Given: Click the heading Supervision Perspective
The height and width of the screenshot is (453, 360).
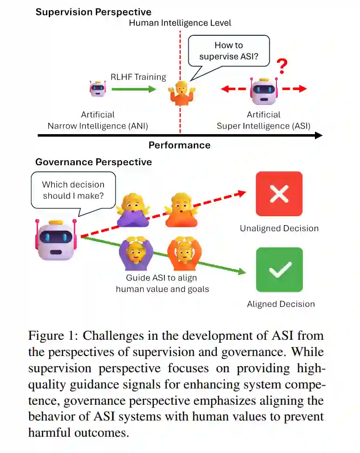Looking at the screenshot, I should [x=93, y=12].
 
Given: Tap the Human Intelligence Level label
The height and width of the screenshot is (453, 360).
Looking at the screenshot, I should [x=180, y=23].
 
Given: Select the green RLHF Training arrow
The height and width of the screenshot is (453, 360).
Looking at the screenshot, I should [x=134, y=89].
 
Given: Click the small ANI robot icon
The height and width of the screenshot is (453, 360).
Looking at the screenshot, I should [x=97, y=88].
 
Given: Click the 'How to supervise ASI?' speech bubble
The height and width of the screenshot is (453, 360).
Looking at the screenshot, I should [x=229, y=51].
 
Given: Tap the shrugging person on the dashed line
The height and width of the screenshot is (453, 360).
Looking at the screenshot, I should [x=180, y=93].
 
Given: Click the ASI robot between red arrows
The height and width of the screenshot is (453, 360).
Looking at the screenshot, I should [x=263, y=90].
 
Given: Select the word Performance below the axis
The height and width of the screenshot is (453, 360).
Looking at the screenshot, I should [x=179, y=145].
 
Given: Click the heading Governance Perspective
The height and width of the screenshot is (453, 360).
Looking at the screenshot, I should [x=93, y=162].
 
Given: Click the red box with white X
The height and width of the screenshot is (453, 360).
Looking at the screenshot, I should [x=279, y=194].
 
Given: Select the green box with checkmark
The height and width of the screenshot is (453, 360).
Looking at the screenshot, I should [x=279, y=270].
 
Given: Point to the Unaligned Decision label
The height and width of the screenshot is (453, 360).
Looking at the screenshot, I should [x=279, y=228].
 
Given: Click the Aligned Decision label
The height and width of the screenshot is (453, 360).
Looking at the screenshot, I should [x=281, y=304].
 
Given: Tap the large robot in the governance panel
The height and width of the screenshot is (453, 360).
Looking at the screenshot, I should [x=56, y=239].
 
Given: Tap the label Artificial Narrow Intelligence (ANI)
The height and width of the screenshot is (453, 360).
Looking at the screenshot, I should [x=98, y=120].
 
